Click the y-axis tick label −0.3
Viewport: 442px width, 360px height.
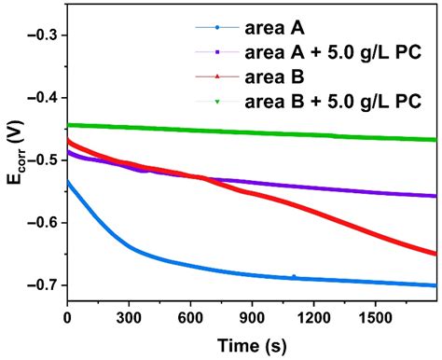(42, 35)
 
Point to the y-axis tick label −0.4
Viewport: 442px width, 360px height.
(42, 97)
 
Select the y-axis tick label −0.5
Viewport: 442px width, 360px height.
(42, 159)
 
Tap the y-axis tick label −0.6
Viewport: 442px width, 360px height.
(42, 223)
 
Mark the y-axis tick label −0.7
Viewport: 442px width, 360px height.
(42, 285)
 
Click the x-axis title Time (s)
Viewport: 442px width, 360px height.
(251, 343)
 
